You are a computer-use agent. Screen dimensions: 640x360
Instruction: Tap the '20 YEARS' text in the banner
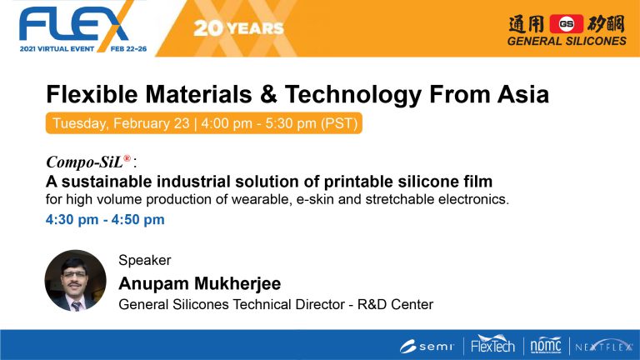point(239,28)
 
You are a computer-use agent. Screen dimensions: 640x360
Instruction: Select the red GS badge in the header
point(566,23)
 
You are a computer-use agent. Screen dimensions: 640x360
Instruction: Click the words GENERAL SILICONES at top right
point(567,41)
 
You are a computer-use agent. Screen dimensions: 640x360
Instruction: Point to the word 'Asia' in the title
point(522,94)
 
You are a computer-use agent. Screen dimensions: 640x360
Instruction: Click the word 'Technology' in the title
point(353,95)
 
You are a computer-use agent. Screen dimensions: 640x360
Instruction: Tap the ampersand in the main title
point(268,94)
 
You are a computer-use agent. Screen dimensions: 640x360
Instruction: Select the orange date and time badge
point(204,123)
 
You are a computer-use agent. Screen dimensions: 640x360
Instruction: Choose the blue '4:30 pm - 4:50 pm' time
point(105,220)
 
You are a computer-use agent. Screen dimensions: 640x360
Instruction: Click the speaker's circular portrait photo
point(76,281)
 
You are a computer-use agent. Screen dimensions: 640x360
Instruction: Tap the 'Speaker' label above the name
point(145,260)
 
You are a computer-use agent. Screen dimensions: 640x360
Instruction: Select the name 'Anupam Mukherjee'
point(200,283)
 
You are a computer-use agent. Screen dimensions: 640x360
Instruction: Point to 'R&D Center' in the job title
point(395,304)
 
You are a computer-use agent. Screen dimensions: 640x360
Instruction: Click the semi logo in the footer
point(427,347)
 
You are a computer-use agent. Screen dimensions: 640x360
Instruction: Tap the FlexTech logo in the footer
point(492,345)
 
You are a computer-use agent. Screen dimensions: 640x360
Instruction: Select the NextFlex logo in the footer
point(603,346)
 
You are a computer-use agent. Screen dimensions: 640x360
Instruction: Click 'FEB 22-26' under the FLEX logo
point(128,49)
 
